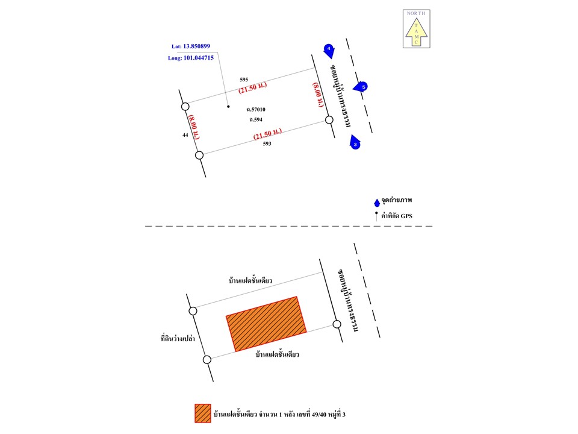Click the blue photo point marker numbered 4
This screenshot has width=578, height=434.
pyautogui.click(x=329, y=51)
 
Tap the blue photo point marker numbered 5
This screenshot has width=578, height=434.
pyautogui.click(x=361, y=87)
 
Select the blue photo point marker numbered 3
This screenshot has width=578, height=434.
pyautogui.click(x=355, y=143)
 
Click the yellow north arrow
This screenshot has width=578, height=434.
pyautogui.click(x=416, y=32)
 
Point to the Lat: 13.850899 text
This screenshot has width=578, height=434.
pyautogui.click(x=191, y=46)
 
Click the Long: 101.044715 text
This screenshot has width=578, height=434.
pyautogui.click(x=191, y=58)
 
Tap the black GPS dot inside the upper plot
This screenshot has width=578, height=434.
pyautogui.click(x=228, y=106)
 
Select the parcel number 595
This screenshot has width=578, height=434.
pyautogui.click(x=244, y=80)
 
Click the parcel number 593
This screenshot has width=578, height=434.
pyautogui.click(x=267, y=143)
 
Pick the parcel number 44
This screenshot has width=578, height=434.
pyautogui.click(x=185, y=135)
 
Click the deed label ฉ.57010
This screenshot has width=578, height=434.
pyautogui.click(x=256, y=109)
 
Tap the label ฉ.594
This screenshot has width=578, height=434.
pyautogui.click(x=256, y=119)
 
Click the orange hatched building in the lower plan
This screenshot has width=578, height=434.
pyautogui.click(x=266, y=324)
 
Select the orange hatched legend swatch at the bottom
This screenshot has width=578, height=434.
pyautogui.click(x=203, y=414)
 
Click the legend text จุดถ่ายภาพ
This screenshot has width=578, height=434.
pyautogui.click(x=397, y=200)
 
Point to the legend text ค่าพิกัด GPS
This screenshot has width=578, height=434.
pyautogui.click(x=397, y=216)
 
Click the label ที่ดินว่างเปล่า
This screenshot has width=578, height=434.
pyautogui.click(x=178, y=338)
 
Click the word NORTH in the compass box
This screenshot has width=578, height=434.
pyautogui.click(x=416, y=13)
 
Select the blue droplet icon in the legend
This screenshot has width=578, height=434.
pyautogui.click(x=377, y=203)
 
